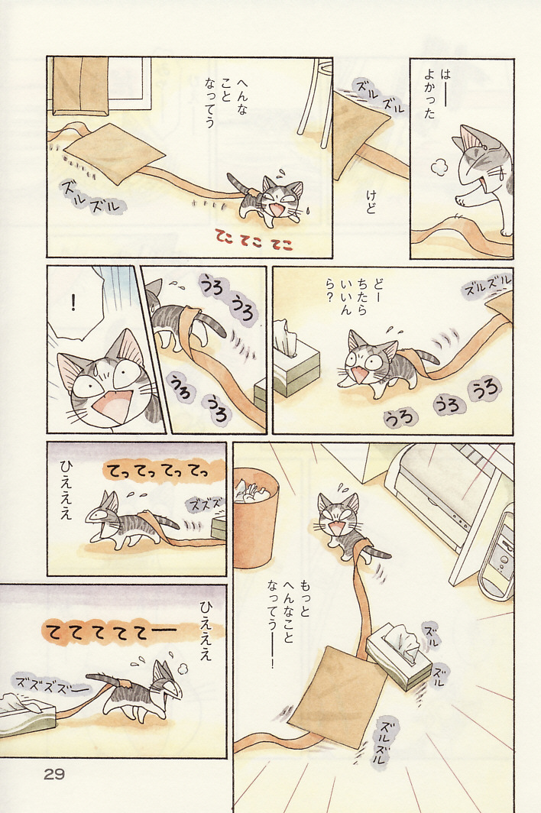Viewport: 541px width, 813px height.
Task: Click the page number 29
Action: coord(54,775)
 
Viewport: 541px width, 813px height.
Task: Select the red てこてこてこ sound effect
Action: coord(255,241)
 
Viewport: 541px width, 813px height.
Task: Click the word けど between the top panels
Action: coord(371,202)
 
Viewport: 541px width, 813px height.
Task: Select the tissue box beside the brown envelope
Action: coord(399,656)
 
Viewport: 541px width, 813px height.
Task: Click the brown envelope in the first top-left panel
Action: coord(114,153)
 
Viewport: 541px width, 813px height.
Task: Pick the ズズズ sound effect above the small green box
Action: coord(205,504)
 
